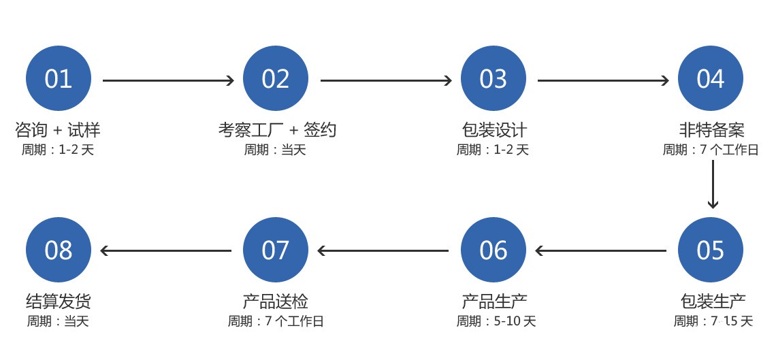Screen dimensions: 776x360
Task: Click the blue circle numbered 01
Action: pyautogui.click(x=59, y=79)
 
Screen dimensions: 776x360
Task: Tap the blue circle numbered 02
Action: pyautogui.click(x=276, y=79)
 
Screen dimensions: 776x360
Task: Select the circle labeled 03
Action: pyautogui.click(x=494, y=79)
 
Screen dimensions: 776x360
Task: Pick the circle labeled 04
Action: pyautogui.click(x=711, y=79)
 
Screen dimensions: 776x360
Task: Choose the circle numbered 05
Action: pyautogui.click(x=711, y=250)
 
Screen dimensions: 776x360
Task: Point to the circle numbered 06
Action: pyautogui.click(x=494, y=250)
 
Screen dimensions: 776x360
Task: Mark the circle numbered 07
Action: pyautogui.click(x=276, y=250)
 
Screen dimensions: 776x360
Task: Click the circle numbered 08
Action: pyautogui.click(x=59, y=250)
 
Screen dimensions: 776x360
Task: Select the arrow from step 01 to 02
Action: pyautogui.click(x=168, y=80)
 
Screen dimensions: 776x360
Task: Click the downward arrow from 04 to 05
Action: pyautogui.click(x=713, y=184)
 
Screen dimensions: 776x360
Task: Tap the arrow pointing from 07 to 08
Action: pyautogui.click(x=166, y=250)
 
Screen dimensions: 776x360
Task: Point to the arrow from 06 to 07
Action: pyautogui.click(x=383, y=250)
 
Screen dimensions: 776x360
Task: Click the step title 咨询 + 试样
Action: pyautogui.click(x=58, y=130)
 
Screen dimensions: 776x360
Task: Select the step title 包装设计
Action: pyautogui.click(x=494, y=130)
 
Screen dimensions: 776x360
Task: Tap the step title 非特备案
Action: pyautogui.click(x=711, y=130)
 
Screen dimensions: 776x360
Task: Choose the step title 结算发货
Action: pyautogui.click(x=59, y=301)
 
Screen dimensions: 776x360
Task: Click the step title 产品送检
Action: pyautogui.click(x=276, y=301)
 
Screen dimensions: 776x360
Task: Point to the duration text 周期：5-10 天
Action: pyautogui.click(x=496, y=321)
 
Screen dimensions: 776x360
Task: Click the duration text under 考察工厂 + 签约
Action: pyautogui.click(x=275, y=149)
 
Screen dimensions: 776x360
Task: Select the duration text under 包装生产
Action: pyautogui.click(x=713, y=321)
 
